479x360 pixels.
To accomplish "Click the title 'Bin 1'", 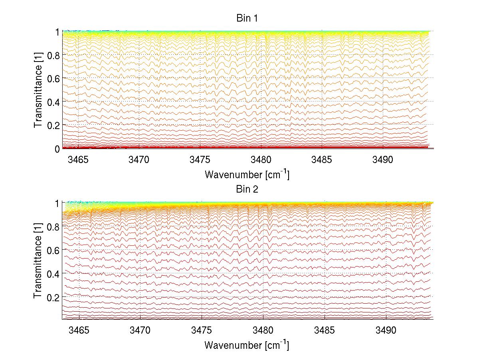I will point(247,18).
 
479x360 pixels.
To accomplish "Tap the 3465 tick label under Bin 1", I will point(78,160).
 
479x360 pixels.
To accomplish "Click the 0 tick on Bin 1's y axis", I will point(57,149).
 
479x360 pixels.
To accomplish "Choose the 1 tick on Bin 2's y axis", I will point(57,203).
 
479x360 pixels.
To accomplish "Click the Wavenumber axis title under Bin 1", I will point(247,174).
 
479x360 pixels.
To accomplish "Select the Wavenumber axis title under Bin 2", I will point(247,345).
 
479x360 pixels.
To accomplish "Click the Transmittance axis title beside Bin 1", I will point(38,90).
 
